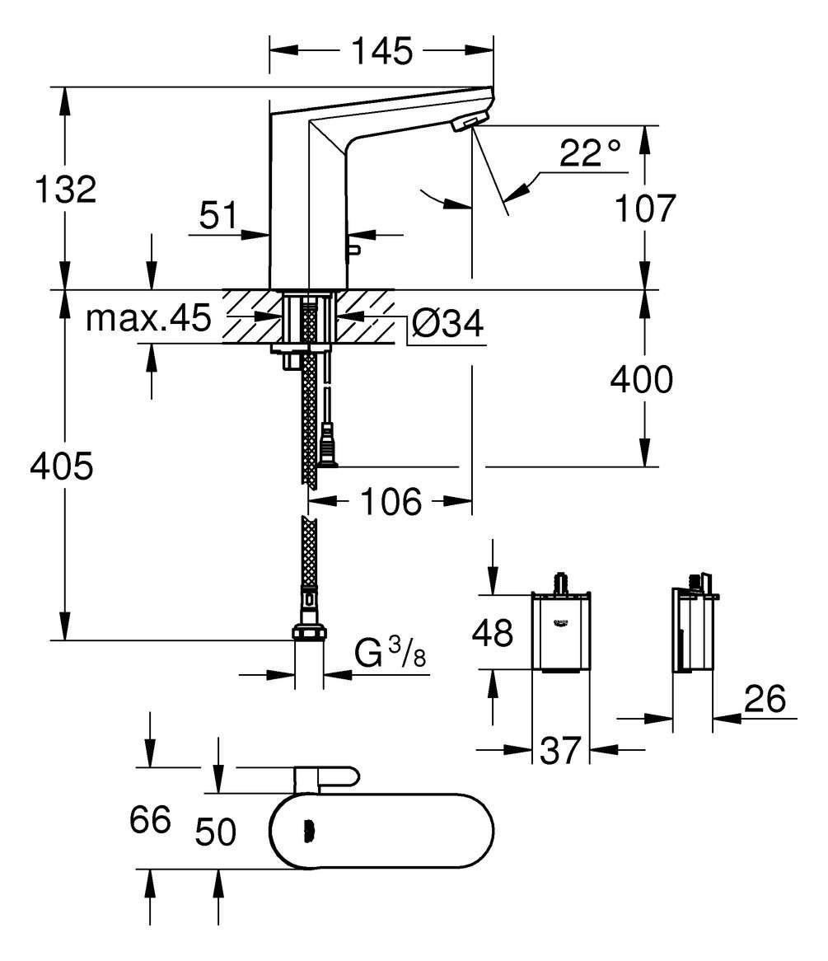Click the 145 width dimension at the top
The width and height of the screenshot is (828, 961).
pos(381,52)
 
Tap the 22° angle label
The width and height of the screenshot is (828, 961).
pos(590,154)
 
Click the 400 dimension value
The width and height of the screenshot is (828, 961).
pos(642,379)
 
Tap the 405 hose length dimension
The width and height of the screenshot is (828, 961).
pos(62,466)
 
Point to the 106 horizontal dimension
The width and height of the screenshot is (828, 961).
pos(391,501)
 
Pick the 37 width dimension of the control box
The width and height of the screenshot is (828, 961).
pos(561,750)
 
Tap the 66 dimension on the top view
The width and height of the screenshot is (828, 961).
pos(150,820)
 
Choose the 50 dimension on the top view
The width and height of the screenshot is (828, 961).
pos(216,832)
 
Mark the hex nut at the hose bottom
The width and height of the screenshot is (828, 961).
pos(308,635)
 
